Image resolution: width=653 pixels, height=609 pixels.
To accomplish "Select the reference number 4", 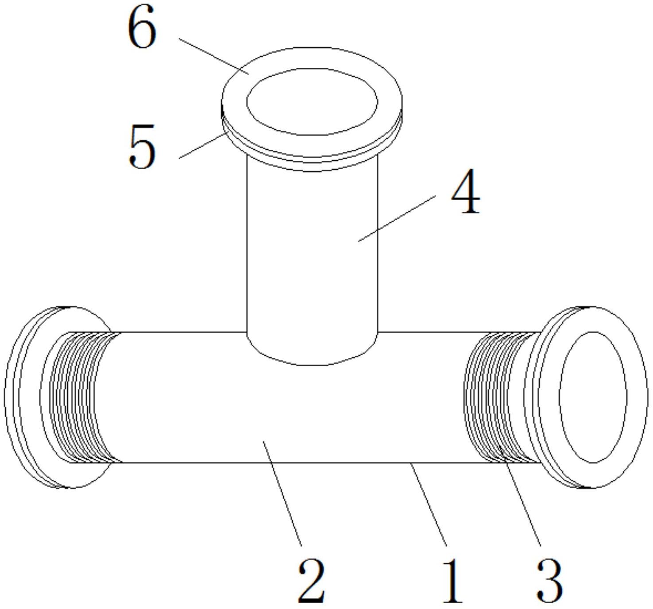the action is tap(465, 191).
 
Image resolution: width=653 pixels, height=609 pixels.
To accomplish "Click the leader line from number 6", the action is tap(214, 57).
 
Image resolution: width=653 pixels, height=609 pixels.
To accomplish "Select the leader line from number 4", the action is tap(397, 218).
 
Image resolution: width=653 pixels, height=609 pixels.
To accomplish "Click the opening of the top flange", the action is tap(312, 102).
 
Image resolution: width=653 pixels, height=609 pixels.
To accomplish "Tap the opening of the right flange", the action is tap(592, 397).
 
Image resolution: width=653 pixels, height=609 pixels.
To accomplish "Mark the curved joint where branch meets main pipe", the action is tap(312, 365).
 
